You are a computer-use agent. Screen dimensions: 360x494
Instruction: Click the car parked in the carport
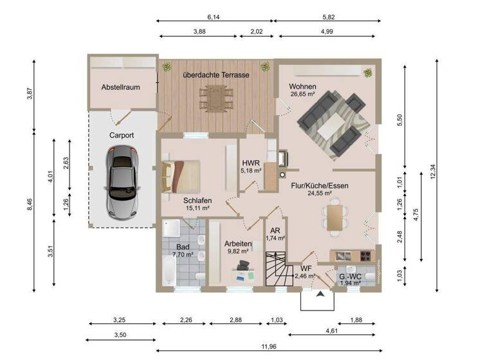pos(122,181)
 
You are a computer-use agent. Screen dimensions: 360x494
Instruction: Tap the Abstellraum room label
pos(120,87)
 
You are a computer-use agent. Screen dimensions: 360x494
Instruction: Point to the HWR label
pos(251,163)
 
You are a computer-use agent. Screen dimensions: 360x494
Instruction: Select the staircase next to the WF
pos(279,270)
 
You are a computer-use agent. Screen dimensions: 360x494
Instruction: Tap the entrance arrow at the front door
pos(320,294)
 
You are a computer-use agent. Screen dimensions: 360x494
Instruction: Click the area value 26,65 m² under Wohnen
pos(302,94)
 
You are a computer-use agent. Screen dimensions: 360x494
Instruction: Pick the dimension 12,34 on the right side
pos(433,171)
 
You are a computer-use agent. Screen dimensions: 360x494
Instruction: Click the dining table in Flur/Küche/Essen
pos(334,216)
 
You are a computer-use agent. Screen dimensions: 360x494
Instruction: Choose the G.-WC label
pos(350,276)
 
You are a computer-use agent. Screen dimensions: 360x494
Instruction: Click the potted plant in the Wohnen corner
pos(368,72)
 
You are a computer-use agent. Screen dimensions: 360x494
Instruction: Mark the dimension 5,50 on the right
pos(399,120)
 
